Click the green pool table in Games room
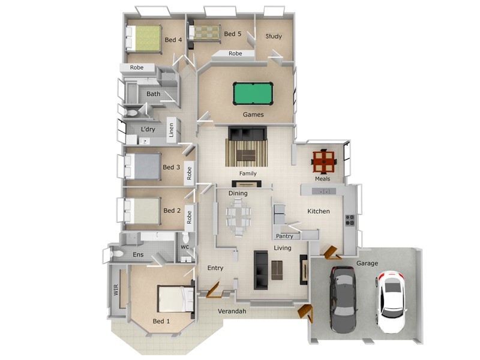click(253, 94)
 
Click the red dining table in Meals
click(324, 161)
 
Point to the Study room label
click(274, 37)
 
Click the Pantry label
click(284, 236)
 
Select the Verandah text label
click(232, 311)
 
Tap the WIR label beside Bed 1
click(115, 290)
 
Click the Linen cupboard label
click(171, 130)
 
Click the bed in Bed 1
click(175, 298)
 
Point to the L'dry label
click(148, 130)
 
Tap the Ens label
click(138, 255)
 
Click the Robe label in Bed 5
click(235, 53)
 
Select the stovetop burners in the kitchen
click(350, 220)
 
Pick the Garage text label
click(367, 263)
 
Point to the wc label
click(185, 247)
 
